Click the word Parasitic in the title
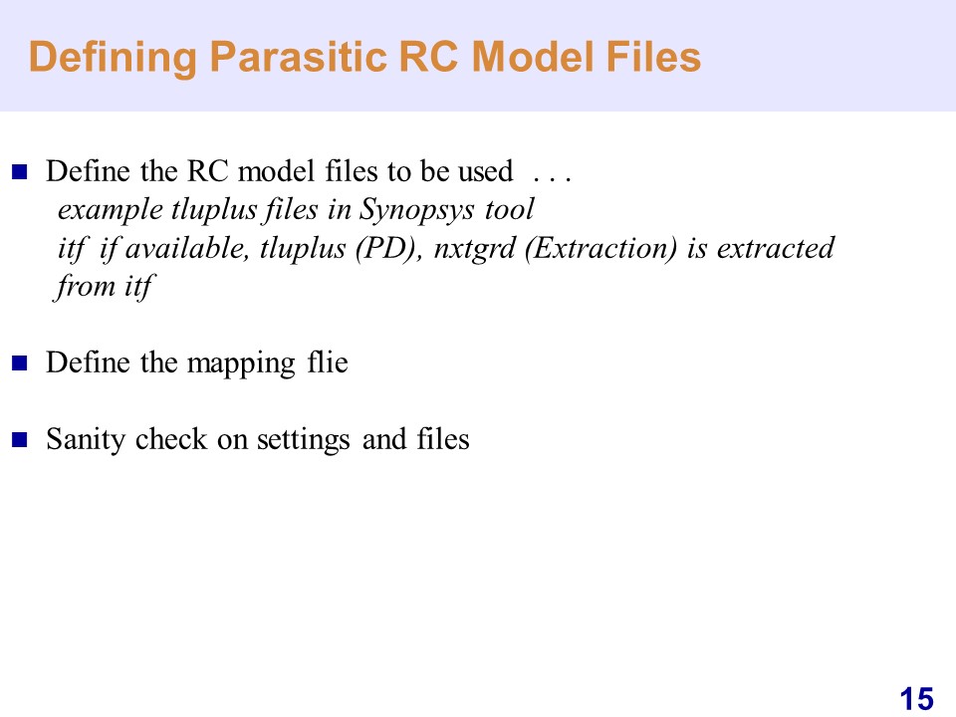298,58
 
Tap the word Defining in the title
113,58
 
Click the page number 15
916,699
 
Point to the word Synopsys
416,210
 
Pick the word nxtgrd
474,249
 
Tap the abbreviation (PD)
389,248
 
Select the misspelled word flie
328,362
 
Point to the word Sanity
86,440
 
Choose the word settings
303,440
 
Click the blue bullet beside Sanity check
20,439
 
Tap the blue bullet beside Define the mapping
20,363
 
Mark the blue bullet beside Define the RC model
20,172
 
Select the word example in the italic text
111,210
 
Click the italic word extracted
775,248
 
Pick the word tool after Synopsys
509,209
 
